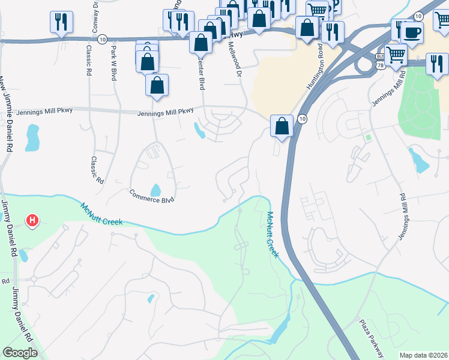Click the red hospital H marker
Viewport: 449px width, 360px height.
click(32, 221)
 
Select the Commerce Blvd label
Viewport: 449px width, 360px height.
click(152, 196)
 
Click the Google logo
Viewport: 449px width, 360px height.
click(20, 353)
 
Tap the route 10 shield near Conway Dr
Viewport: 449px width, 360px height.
click(103, 39)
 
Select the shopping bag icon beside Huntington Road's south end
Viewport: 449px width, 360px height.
click(282, 126)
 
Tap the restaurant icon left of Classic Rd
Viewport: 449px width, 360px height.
click(61, 22)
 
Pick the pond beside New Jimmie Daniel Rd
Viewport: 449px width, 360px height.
click(32, 138)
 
